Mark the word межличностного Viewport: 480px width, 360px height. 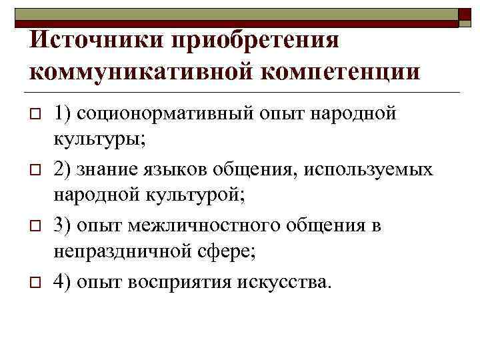coord(205,226)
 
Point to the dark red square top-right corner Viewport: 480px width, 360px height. coord(467,17)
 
